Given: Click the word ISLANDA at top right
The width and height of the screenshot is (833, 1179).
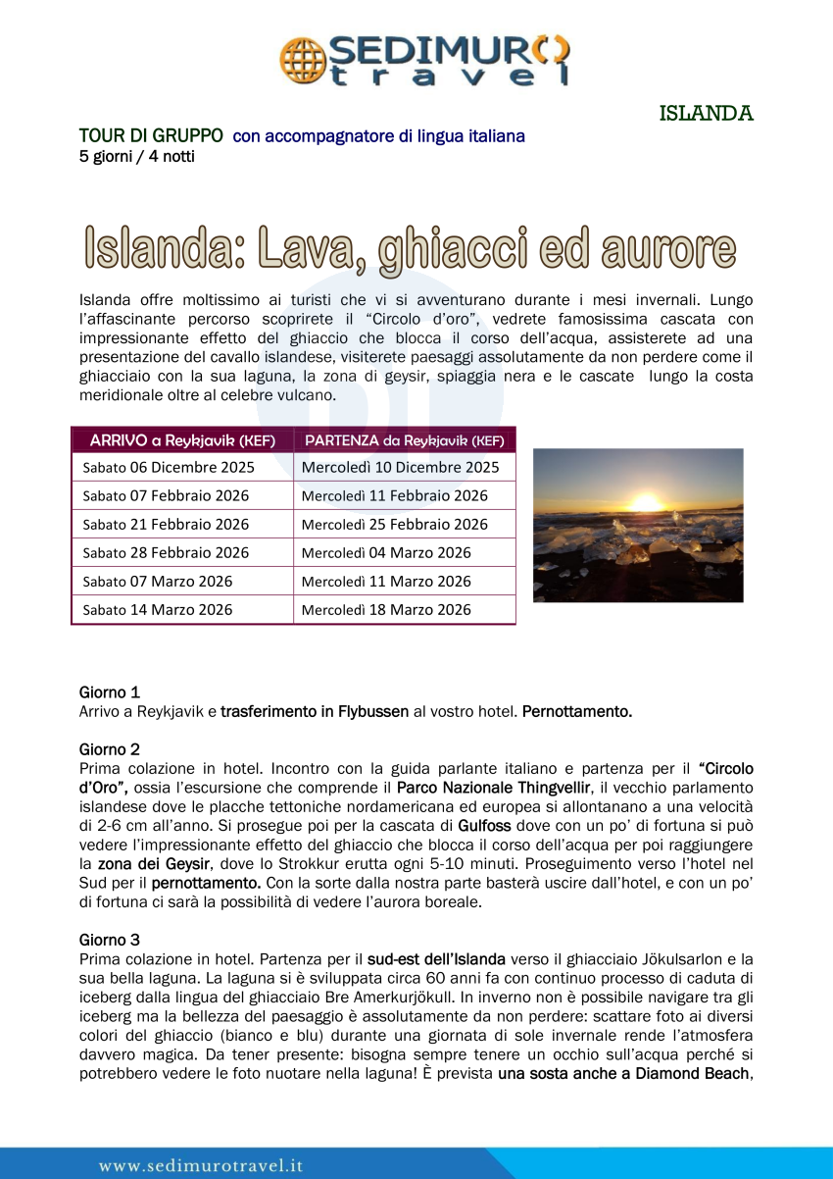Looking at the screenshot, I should (706, 114).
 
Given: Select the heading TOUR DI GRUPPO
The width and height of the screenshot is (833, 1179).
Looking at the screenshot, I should (151, 136).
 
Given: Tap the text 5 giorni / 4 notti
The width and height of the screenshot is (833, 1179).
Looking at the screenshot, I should (137, 156).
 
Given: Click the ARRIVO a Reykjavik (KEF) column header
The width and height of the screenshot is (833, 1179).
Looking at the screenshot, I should (182, 439).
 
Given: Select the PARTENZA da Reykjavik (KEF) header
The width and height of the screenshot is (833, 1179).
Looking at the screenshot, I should (404, 439).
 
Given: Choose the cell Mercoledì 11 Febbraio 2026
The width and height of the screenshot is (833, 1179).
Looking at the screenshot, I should (394, 496).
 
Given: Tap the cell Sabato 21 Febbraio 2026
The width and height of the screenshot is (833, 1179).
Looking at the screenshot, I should (166, 525).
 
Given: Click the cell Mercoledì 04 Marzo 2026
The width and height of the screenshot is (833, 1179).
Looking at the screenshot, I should (386, 553).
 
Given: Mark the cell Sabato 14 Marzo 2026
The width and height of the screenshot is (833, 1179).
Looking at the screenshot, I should (158, 610).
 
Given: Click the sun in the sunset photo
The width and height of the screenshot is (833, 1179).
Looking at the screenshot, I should (647, 502).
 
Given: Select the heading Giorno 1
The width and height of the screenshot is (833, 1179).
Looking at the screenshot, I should (110, 692).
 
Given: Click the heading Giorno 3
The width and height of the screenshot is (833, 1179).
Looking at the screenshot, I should (110, 940).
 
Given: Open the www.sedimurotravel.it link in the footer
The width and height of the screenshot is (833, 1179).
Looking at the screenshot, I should (201, 1166).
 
